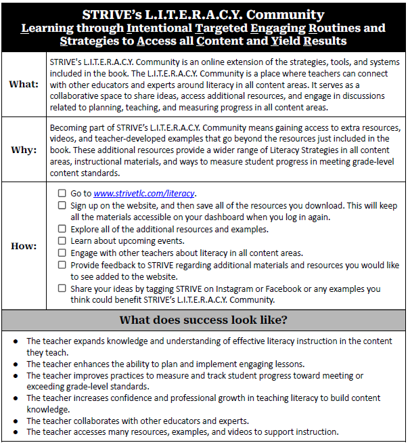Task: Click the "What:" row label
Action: tap(24, 84)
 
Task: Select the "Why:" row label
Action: tap(24, 150)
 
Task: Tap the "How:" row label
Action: tap(24, 246)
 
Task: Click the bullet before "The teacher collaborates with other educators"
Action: tap(16, 421)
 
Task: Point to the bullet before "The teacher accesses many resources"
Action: tap(16, 432)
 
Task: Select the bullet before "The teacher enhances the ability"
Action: tap(16, 364)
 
